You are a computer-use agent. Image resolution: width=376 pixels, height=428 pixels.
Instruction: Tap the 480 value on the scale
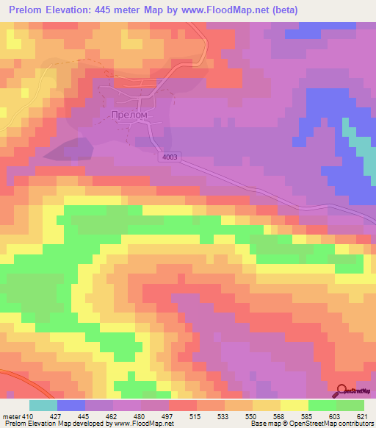[140, 416]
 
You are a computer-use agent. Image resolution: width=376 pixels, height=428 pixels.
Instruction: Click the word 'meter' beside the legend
[11, 416]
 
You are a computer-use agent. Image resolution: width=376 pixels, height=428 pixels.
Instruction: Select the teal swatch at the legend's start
[43, 405]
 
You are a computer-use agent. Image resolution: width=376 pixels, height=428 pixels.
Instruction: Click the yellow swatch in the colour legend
[294, 405]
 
